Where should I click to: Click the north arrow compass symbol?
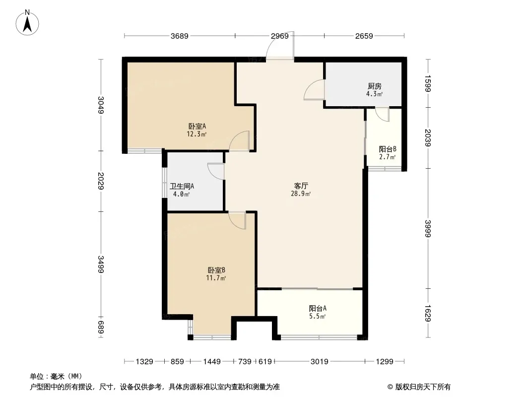27,23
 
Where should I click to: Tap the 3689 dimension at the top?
180,36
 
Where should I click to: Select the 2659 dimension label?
364,36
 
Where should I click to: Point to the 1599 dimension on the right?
428,83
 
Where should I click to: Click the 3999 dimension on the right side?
428,228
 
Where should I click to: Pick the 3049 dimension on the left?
101,105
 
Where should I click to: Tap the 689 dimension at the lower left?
101,328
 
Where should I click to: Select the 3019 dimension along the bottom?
320,362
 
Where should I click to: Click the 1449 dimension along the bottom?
212,362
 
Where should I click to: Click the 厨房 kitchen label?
375,86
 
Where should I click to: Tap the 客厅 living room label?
301,186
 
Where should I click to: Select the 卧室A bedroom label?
197,127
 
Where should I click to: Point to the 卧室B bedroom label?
216,270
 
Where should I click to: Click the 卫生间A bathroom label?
182,186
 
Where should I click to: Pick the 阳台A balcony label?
318,308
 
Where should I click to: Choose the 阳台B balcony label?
388,149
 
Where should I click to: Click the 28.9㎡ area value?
301,194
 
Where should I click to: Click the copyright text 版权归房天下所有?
423,387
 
